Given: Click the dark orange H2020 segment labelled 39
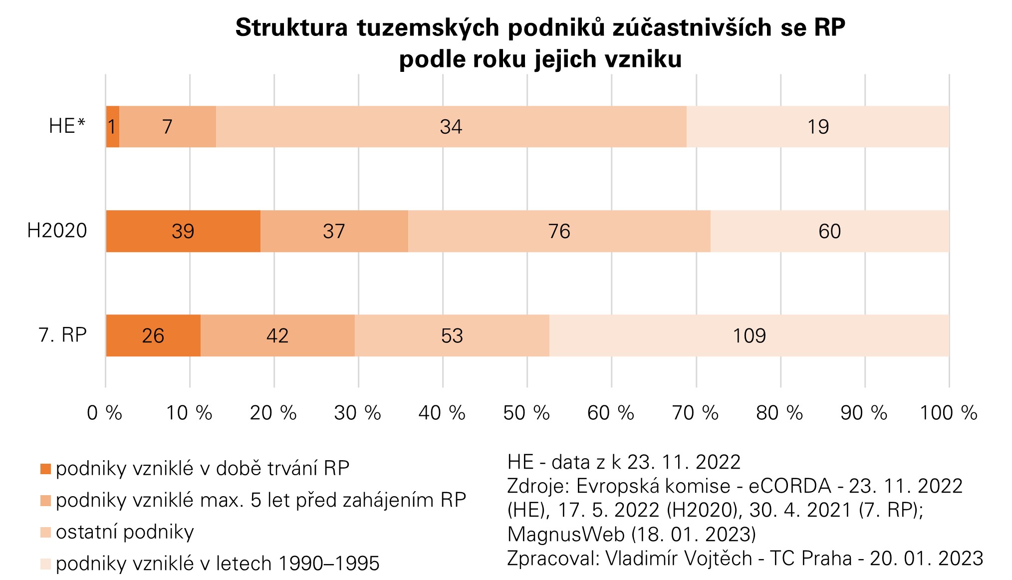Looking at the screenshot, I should [183, 231].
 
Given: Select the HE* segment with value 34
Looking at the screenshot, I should [451, 127].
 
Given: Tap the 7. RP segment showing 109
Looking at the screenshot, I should [749, 335].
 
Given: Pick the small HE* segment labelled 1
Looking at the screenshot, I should [112, 127].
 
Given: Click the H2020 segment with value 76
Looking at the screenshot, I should [559, 231].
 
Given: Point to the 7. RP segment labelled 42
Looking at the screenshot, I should [277, 335].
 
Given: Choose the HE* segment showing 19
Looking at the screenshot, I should [818, 127].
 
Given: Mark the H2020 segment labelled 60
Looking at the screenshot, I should [829, 231].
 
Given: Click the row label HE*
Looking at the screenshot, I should [67, 126].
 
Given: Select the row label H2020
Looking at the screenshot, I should [57, 231].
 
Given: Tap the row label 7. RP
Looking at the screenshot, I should [63, 335].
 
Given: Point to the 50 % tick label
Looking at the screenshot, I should [526, 413].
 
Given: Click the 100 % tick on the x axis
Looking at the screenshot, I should [948, 413].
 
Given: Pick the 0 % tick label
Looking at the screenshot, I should [105, 413].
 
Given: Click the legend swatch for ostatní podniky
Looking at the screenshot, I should [45, 533].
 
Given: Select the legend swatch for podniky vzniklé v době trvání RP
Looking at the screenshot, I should [45, 469].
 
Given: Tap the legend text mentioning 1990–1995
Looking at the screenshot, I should [218, 564].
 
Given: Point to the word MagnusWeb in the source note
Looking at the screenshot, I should [566, 534].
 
